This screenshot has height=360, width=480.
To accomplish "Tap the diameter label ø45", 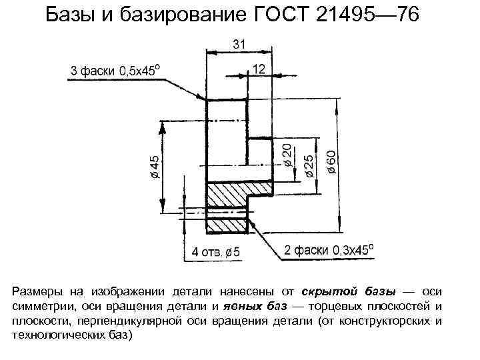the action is tap(155, 166).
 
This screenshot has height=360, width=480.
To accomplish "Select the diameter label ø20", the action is tap(287, 155).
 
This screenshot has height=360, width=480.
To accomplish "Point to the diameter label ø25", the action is tap(308, 163).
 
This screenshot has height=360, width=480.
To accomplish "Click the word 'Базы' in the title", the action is tap(71, 15).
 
